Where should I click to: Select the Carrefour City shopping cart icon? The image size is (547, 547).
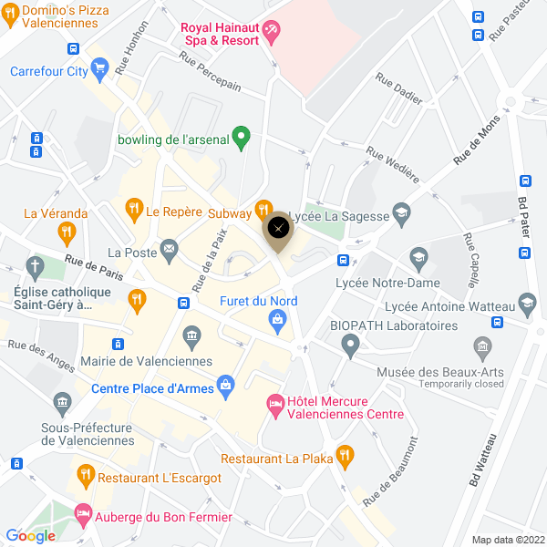(100, 67)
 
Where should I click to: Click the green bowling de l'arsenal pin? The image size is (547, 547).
(242, 139)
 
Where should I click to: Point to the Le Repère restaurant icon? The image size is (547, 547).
(134, 210)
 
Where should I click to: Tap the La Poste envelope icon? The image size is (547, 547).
(169, 248)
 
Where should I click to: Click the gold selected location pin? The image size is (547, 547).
(279, 229)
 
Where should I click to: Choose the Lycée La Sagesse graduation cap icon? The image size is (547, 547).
(401, 215)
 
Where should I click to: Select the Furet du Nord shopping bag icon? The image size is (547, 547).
(276, 319)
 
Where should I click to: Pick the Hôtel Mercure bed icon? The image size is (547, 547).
(274, 402)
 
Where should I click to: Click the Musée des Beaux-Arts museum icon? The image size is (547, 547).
(483, 346)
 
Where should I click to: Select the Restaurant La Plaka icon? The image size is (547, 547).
(345, 453)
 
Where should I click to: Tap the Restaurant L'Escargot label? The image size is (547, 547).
(160, 477)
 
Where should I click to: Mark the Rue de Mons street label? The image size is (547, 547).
(477, 145)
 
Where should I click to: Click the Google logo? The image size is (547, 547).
(30, 536)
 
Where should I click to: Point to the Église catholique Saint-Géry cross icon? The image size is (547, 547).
(36, 268)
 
